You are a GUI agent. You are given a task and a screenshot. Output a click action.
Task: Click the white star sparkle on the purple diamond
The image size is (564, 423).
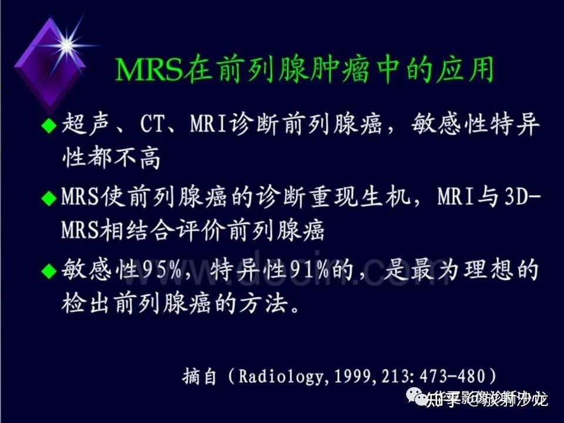[67, 45]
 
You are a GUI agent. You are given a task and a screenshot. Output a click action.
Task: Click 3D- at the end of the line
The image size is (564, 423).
[522, 197]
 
